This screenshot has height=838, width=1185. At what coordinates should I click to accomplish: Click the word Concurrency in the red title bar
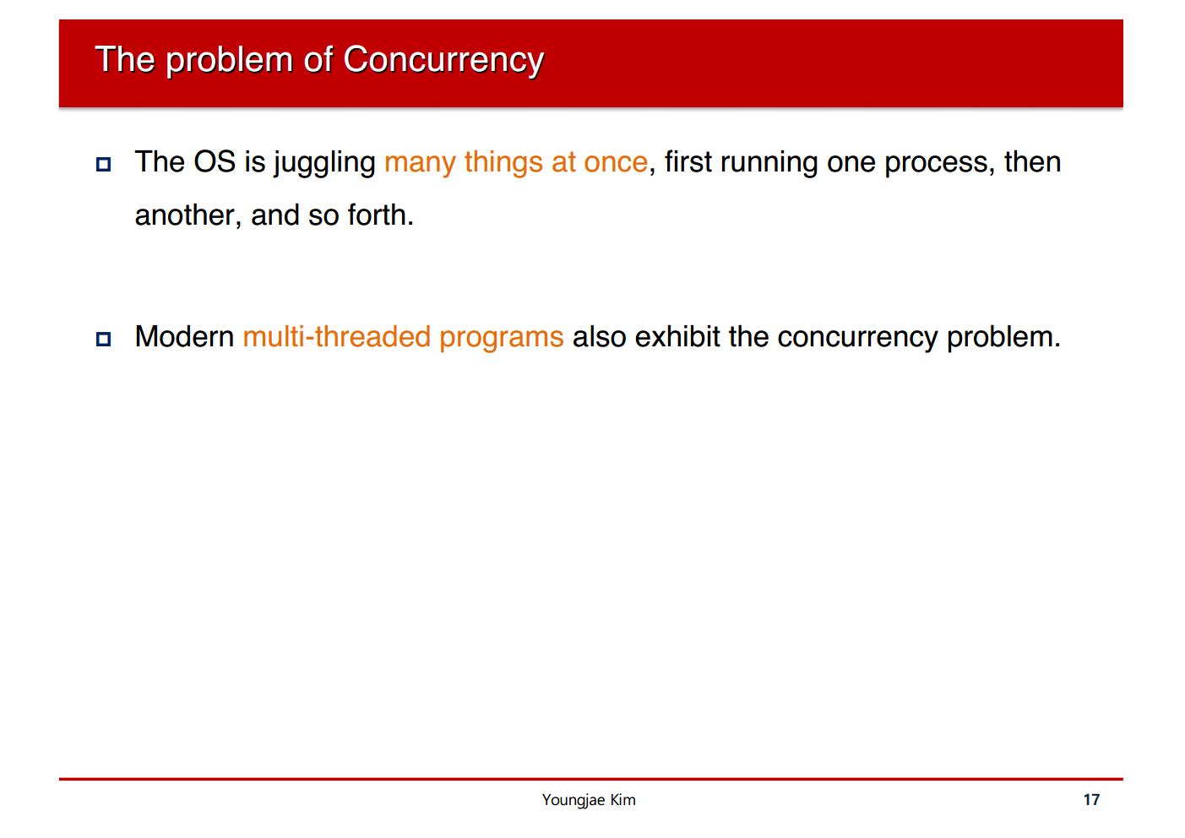tap(443, 60)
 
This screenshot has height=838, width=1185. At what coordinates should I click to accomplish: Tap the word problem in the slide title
tap(230, 60)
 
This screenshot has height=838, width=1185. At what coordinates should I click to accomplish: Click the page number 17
tap(1091, 799)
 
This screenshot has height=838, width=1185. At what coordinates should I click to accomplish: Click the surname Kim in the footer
tap(622, 799)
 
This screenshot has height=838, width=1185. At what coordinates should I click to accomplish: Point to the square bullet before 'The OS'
tap(104, 164)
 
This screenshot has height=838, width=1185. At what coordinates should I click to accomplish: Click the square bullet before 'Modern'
tap(104, 339)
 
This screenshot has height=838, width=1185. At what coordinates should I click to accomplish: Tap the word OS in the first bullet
tap(215, 161)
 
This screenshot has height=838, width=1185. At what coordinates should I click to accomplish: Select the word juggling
tap(325, 163)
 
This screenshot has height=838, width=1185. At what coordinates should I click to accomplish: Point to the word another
tap(185, 215)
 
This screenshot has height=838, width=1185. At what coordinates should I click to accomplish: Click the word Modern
tap(185, 336)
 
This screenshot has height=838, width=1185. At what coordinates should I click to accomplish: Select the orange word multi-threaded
tap(337, 337)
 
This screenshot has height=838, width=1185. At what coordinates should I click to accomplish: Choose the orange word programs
tap(502, 339)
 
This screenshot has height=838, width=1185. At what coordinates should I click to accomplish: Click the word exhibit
tap(677, 336)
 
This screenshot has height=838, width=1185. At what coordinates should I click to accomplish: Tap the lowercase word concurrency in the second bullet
tap(857, 339)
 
